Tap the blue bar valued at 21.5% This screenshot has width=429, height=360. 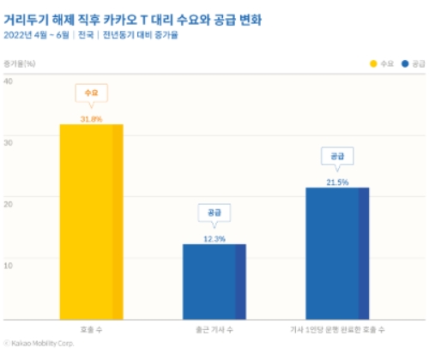[337, 253]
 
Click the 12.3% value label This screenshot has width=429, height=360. [214, 238]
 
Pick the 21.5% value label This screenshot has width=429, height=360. [336, 182]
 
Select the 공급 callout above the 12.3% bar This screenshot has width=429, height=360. [214, 212]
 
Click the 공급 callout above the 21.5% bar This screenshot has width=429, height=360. [336, 155]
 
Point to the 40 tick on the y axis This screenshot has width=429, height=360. [8, 81]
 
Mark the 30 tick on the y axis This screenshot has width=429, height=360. [8, 139]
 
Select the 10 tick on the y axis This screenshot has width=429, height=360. [8, 264]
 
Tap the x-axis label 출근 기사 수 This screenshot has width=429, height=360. [214, 328]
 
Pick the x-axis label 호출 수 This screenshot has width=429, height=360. [90, 328]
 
